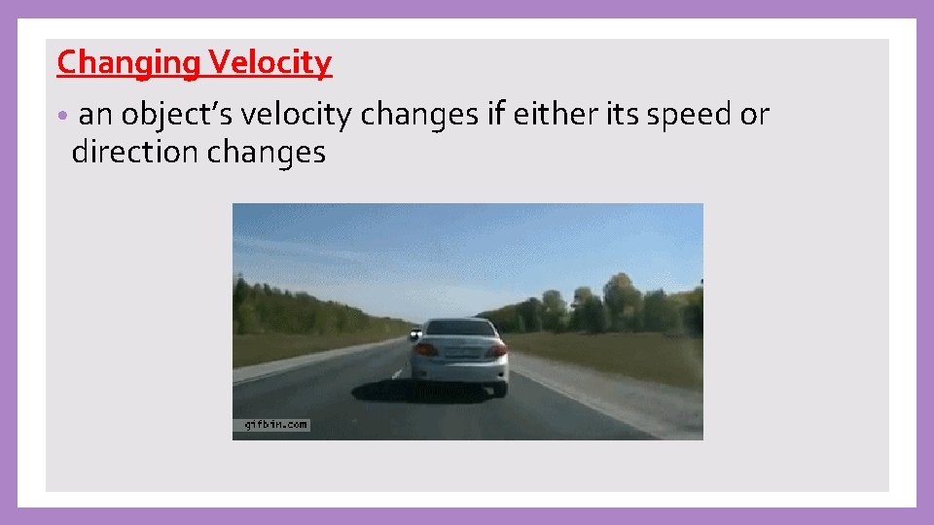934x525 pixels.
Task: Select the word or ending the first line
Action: tap(755, 116)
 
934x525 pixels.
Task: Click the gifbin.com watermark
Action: tap(271, 425)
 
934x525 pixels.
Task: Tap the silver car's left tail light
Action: tap(425, 349)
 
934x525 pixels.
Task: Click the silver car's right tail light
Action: tap(497, 349)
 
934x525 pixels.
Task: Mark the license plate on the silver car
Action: tap(461, 353)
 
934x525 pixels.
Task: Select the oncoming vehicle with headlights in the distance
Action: tap(415, 333)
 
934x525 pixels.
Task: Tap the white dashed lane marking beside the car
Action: tap(397, 371)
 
